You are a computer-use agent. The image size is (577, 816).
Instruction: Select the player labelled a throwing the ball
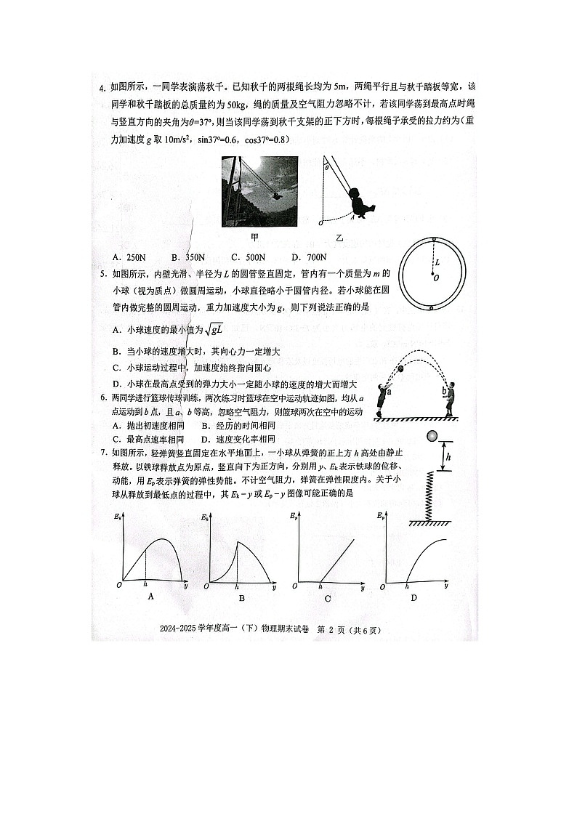click(382, 399)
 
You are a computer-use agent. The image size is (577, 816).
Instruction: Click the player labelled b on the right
click(451, 399)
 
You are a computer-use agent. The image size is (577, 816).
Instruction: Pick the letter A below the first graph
click(150, 597)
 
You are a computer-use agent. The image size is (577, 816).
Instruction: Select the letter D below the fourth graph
click(413, 598)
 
